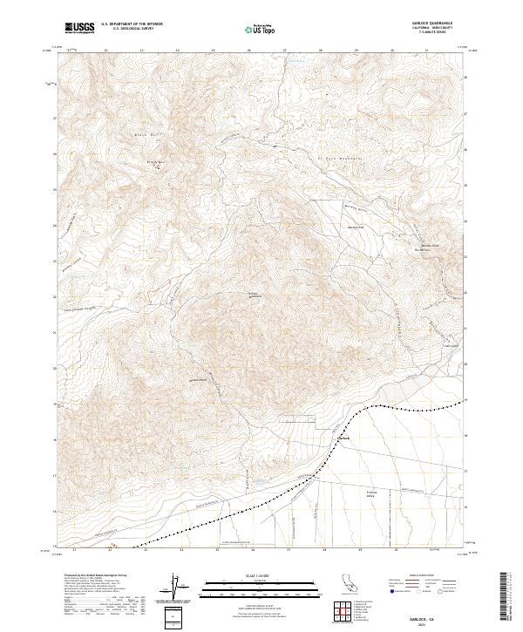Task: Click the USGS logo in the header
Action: point(80,28)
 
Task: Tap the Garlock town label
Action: point(343,438)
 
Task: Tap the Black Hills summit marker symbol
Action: point(158,168)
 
